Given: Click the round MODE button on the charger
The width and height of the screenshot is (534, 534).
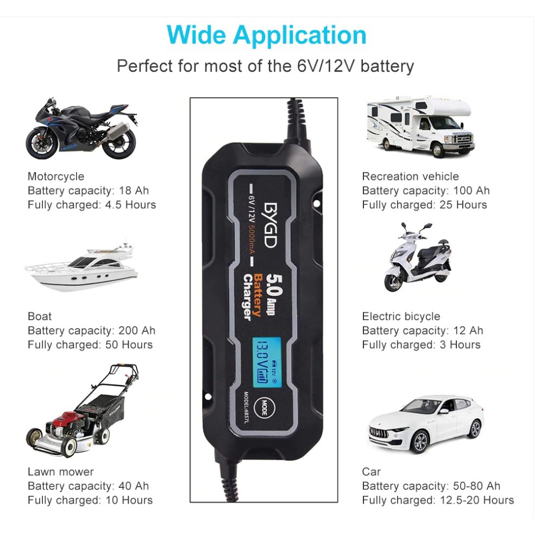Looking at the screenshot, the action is pyautogui.click(x=264, y=407).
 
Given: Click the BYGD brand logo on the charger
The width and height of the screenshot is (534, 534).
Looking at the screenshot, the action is pyautogui.click(x=271, y=225).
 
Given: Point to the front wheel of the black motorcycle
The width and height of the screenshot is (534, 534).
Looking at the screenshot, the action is pyautogui.click(x=41, y=143).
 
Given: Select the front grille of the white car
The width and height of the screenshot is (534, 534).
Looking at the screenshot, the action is pyautogui.click(x=379, y=432).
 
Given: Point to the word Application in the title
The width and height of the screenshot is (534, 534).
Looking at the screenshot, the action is pyautogui.click(x=300, y=36).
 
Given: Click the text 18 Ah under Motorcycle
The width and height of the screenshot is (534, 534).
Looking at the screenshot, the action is pyautogui.click(x=134, y=190).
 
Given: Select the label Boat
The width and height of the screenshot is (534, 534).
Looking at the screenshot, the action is pyautogui.click(x=40, y=316).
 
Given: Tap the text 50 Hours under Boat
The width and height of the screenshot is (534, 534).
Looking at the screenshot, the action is pyautogui.click(x=129, y=344).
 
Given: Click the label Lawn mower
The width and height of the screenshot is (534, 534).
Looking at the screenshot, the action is pyautogui.click(x=61, y=472).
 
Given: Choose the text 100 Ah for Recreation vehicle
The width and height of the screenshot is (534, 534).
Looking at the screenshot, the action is pyautogui.click(x=472, y=190).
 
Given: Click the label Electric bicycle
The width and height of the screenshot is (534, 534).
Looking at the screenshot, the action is pyautogui.click(x=401, y=316).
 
